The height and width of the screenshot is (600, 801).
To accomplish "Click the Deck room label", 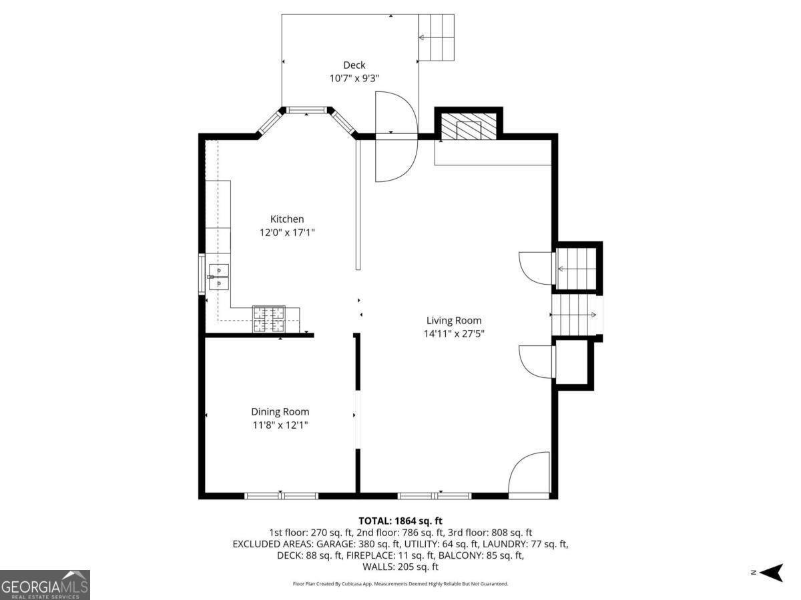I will (x=354, y=65).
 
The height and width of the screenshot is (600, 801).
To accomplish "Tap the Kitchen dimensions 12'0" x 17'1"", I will (x=287, y=233).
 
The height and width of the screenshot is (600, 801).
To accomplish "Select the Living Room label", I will (x=454, y=321).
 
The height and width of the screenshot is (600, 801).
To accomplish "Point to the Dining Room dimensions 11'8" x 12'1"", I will (x=280, y=425).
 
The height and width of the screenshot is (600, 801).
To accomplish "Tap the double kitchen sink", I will (x=219, y=277).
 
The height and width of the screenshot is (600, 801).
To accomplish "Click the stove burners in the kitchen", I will (x=268, y=319).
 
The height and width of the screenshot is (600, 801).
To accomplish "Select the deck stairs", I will (x=436, y=37).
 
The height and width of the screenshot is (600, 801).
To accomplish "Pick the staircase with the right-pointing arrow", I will (x=575, y=315).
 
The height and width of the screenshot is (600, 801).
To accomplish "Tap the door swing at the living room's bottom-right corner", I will (x=529, y=475).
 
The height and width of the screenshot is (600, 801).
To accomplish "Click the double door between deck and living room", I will (x=396, y=137).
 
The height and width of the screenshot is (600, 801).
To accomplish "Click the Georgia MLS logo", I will (x=45, y=585).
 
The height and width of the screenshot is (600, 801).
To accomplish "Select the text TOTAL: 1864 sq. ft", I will (x=400, y=521).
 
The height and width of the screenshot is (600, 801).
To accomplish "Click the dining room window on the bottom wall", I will (x=281, y=495).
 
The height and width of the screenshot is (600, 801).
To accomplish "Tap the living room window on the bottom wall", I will (x=435, y=495).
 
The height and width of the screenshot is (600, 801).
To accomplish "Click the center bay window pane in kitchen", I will (x=306, y=109).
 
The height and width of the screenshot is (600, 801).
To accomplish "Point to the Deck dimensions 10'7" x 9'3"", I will (x=354, y=78).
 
